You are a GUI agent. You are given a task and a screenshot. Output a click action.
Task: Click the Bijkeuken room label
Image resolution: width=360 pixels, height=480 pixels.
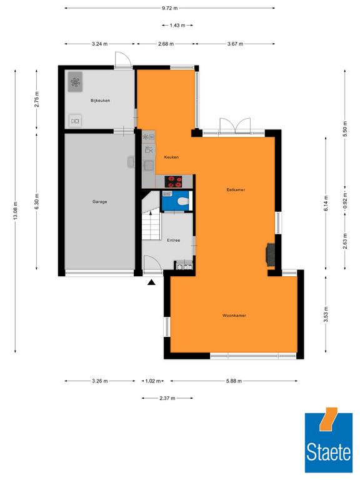pos(100,101)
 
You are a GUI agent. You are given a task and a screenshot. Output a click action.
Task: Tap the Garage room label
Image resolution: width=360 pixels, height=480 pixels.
pos(100,202)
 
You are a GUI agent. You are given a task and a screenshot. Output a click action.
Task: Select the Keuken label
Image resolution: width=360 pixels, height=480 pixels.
pos(171,157)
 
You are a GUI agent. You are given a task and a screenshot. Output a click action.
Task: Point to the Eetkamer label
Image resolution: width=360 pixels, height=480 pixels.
pos(236,190)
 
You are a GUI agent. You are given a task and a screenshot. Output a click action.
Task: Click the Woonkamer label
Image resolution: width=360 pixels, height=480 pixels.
pos(234,315)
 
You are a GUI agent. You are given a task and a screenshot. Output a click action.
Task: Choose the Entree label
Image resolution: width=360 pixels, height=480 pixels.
pos(174,240)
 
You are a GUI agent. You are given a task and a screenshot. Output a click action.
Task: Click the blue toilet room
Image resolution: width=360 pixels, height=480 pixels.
pos(176,201)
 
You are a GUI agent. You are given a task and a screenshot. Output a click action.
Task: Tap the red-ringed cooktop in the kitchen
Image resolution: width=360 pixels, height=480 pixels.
pos(173,181)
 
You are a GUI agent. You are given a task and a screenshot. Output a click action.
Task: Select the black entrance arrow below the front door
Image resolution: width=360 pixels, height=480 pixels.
pos(151,282)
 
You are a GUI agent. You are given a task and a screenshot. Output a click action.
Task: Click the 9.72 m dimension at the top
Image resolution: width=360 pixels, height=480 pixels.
pos(169,8)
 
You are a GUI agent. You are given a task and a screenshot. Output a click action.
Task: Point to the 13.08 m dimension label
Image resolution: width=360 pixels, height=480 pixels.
pos(15,211)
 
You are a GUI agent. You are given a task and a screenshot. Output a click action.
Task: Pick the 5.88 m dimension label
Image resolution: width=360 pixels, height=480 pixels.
pos(234,381)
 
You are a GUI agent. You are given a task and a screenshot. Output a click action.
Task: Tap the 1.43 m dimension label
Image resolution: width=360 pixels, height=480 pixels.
pos(177,26)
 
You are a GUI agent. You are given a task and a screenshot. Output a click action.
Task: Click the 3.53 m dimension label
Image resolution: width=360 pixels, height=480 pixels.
pos(326,314)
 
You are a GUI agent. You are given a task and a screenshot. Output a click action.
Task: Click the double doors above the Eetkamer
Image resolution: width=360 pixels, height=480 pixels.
pos(235,126)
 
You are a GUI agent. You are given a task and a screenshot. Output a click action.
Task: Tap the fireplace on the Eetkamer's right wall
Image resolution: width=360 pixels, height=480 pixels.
pos(270,254)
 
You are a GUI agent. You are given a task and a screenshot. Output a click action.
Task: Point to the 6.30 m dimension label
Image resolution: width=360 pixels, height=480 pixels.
pos(37,202)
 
